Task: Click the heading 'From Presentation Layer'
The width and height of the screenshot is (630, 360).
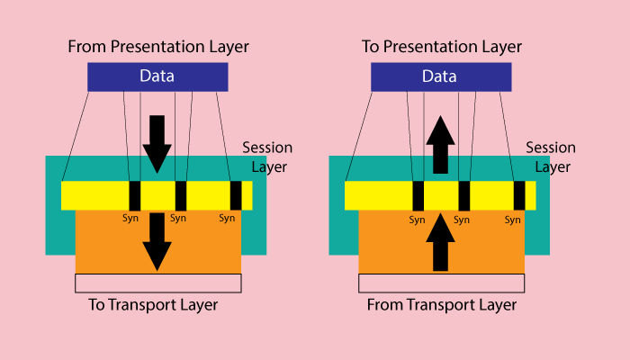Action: (x=157, y=46)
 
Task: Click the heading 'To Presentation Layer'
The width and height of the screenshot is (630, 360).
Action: (x=442, y=46)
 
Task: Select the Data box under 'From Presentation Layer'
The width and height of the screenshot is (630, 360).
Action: (x=157, y=76)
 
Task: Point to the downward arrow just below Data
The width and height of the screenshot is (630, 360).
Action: (x=157, y=144)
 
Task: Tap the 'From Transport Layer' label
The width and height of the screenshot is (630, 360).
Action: (x=442, y=305)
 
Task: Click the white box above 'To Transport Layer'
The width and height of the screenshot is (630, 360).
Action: (x=157, y=283)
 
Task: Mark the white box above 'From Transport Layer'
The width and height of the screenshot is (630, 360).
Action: (x=442, y=283)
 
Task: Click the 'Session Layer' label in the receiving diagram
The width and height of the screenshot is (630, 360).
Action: (x=551, y=157)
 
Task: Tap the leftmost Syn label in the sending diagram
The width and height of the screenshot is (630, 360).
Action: (x=133, y=218)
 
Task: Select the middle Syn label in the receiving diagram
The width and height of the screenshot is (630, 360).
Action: (x=463, y=219)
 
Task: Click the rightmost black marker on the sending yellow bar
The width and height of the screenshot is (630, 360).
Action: (x=236, y=195)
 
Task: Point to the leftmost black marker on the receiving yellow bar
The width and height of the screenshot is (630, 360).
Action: (x=418, y=195)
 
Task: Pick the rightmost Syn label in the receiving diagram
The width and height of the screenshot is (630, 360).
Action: (x=513, y=219)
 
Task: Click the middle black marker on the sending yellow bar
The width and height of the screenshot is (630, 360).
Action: (x=181, y=195)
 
